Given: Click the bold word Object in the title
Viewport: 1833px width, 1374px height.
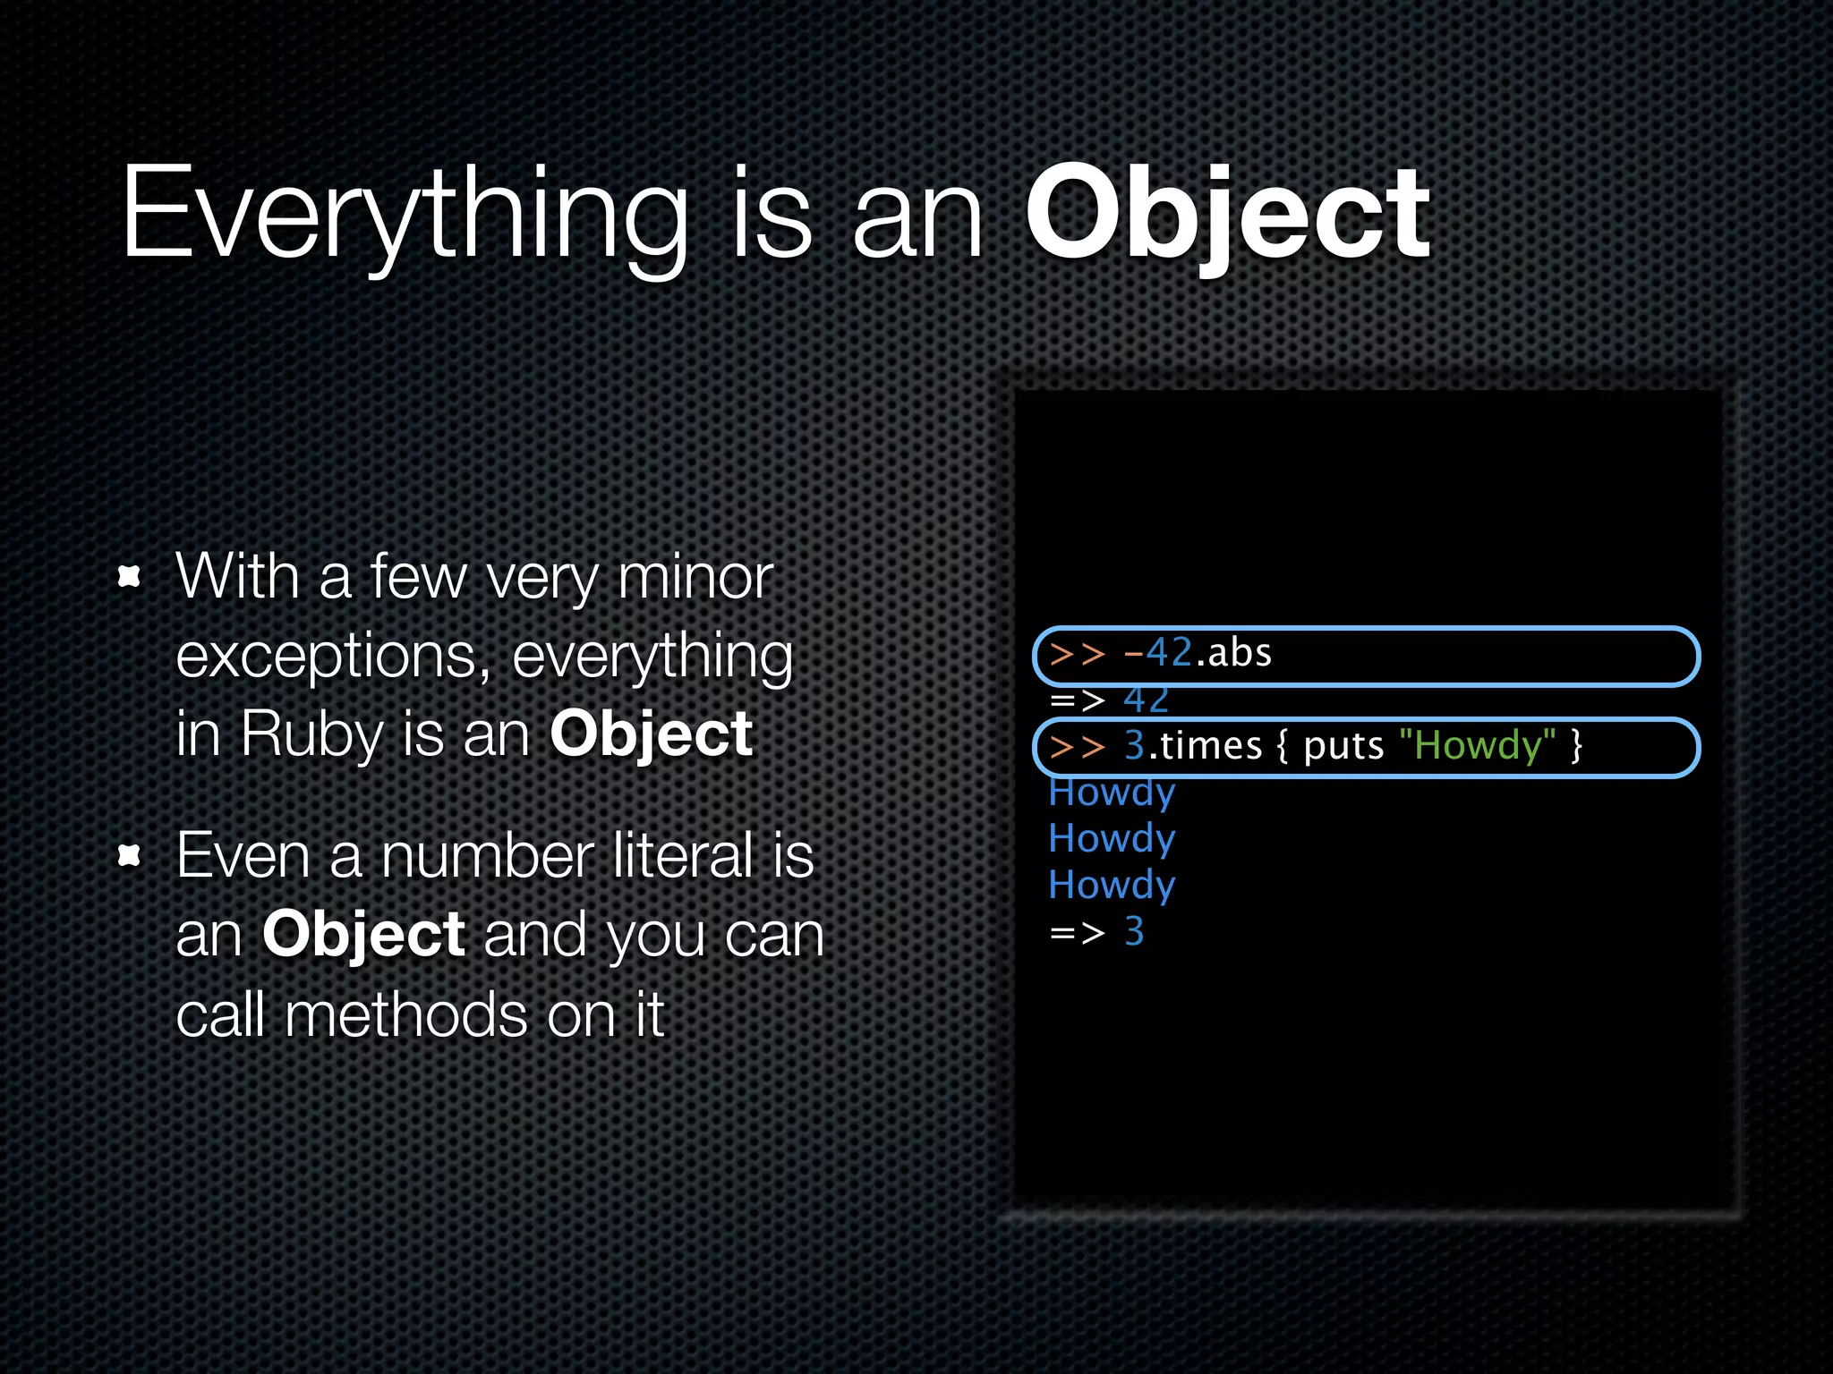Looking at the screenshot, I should click(1228, 215).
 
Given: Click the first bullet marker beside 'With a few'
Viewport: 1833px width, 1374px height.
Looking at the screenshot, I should click(130, 577).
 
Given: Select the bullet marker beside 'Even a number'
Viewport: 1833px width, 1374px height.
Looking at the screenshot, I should click(130, 856).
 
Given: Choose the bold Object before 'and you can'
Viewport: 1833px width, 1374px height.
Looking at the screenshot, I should click(363, 936).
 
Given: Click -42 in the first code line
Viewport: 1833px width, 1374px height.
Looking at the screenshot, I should click(1158, 653).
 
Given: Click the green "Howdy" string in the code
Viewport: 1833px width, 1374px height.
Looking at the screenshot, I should click(1477, 745).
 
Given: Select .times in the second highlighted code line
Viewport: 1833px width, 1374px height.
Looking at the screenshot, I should click(1205, 745).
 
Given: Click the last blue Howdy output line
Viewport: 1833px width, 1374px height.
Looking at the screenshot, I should click(1112, 886).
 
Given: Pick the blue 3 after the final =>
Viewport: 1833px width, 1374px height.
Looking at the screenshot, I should click(1134, 932).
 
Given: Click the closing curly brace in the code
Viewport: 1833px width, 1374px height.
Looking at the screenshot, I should click(1577, 745).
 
